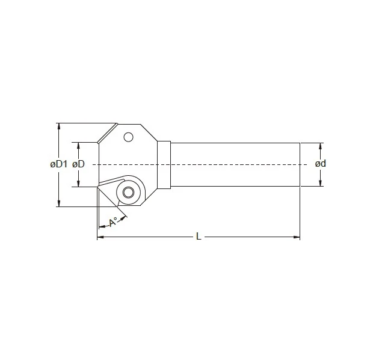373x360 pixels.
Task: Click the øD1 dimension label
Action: [58, 164]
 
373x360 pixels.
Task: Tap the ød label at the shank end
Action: [321, 164]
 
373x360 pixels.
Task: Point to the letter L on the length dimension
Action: [199, 237]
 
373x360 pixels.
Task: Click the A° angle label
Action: [113, 222]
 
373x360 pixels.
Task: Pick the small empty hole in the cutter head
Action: [128, 137]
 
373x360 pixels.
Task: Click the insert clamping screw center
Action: [128, 193]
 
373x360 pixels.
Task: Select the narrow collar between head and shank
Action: [165, 164]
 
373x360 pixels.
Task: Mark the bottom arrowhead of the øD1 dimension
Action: [58, 204]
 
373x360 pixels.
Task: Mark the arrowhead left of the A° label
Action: [100, 228]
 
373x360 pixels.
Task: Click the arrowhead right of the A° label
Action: [124, 217]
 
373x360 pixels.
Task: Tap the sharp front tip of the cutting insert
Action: [97, 187]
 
